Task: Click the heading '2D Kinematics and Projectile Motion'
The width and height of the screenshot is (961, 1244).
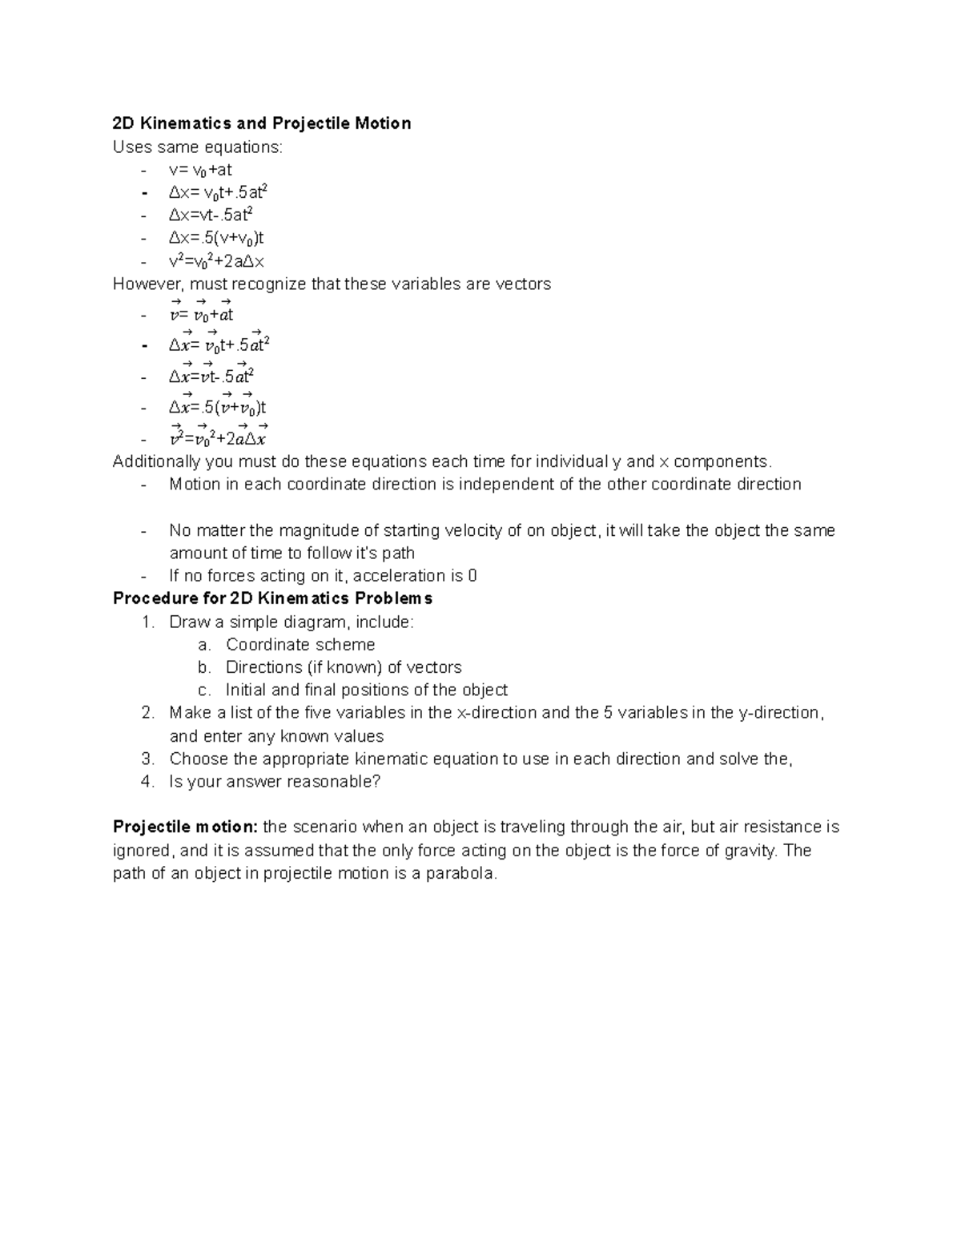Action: click(x=262, y=123)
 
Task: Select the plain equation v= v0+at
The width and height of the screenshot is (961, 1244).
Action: click(x=200, y=170)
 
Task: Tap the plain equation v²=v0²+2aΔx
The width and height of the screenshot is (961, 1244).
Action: click(x=216, y=261)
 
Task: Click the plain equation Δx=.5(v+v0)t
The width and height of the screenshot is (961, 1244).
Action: click(x=216, y=239)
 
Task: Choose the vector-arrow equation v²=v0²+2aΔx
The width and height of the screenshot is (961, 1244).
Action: click(x=218, y=438)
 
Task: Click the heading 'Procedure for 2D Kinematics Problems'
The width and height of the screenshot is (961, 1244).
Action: click(x=272, y=598)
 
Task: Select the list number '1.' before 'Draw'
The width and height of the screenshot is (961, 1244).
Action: click(x=147, y=622)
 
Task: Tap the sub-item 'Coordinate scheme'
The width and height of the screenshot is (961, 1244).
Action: click(x=300, y=645)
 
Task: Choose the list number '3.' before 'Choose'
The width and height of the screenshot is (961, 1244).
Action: click(x=147, y=759)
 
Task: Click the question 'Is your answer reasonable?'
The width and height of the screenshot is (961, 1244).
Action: click(x=275, y=782)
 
